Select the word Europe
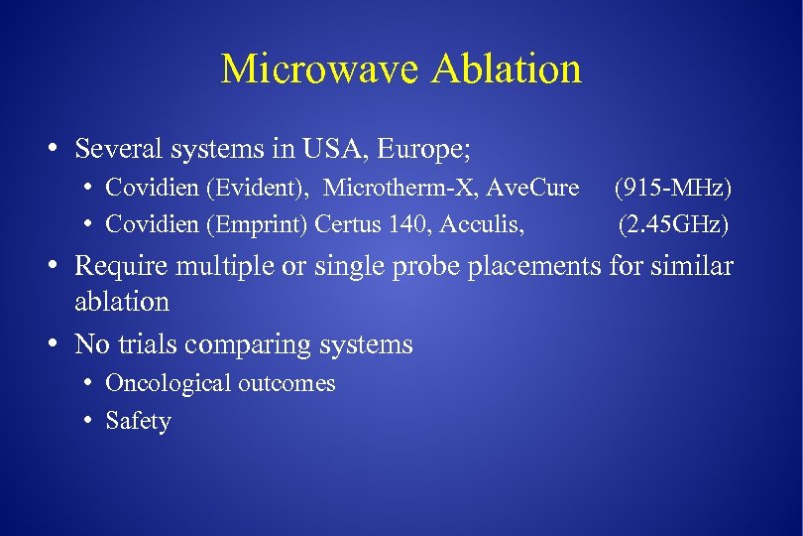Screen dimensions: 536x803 (421, 150)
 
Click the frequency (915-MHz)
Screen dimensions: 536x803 (672, 188)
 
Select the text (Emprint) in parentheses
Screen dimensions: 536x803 (259, 225)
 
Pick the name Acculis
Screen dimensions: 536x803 (479, 225)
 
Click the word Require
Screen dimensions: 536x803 (117, 267)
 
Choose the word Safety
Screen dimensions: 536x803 (138, 421)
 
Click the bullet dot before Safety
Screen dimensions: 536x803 (88, 421)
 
